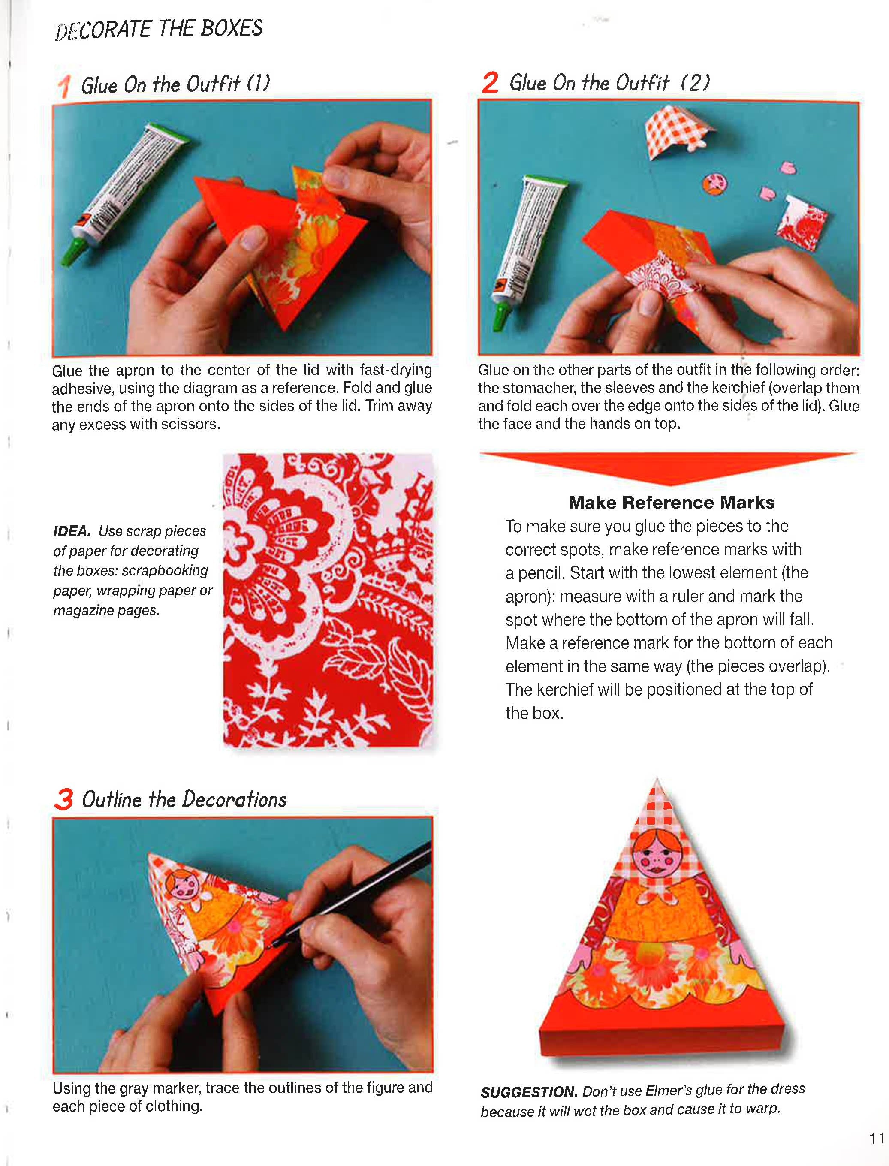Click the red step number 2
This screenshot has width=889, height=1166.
[x=490, y=83]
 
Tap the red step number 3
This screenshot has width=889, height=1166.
[x=63, y=799]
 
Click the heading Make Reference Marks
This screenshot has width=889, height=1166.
[x=671, y=502]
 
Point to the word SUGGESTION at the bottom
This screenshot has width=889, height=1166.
[x=528, y=1091]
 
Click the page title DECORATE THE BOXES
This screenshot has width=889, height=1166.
[x=159, y=29]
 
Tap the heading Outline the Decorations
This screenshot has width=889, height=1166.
[x=184, y=799]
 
